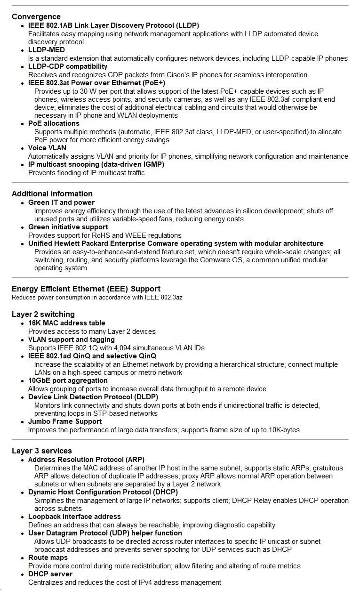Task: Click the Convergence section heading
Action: [x=36, y=16]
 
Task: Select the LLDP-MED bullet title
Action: [x=47, y=50]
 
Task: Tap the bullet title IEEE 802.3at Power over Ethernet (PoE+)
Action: [x=96, y=83]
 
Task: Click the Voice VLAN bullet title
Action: [x=47, y=148]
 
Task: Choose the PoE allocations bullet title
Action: [x=54, y=123]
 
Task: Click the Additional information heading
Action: [x=52, y=194]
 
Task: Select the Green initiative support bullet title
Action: [x=68, y=227]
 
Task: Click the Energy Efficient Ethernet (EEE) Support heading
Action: [x=86, y=289]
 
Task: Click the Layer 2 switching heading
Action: [x=43, y=314]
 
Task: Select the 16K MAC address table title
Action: [x=67, y=323]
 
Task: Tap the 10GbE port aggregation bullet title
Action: [x=68, y=380]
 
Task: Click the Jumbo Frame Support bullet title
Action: [x=65, y=421]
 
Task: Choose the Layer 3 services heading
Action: [x=42, y=451]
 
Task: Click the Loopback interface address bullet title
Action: [x=74, y=517]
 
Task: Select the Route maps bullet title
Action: [x=48, y=558]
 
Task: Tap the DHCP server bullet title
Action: [x=50, y=574]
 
